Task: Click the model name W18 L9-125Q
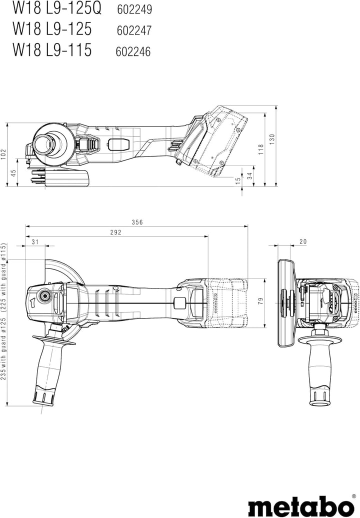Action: [x=57, y=8]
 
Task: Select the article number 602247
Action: [x=134, y=30]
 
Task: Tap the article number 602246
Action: [x=133, y=51]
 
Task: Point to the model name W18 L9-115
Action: [x=52, y=49]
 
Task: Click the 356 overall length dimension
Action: [x=137, y=222]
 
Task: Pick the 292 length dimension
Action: [x=115, y=232]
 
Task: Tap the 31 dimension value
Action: [x=35, y=242]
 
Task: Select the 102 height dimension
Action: [x=3, y=154]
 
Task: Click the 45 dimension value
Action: [x=13, y=173]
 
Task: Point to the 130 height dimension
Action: [x=272, y=139]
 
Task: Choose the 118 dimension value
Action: [x=261, y=149]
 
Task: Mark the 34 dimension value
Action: [x=250, y=175]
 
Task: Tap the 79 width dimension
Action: [x=260, y=301]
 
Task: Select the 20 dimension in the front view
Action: [x=303, y=242]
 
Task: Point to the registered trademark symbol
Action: [x=353, y=496]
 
